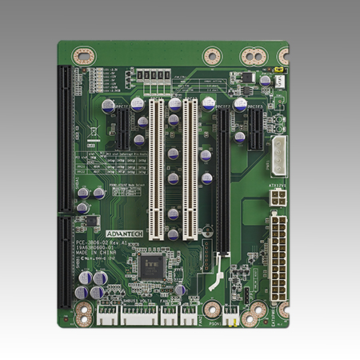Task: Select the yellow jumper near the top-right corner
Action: click(x=279, y=80)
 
